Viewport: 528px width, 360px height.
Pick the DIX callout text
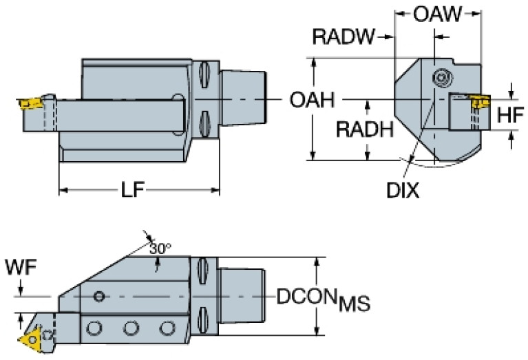[x=402, y=189]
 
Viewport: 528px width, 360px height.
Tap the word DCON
[x=308, y=297]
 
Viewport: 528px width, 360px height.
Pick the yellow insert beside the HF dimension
[x=476, y=103]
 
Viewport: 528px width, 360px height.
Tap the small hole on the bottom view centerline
[x=100, y=297]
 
